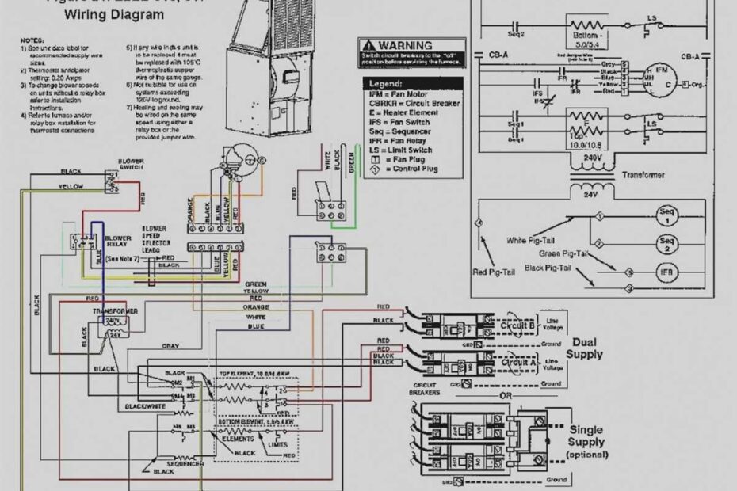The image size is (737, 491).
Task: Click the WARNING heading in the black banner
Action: [x=405, y=45]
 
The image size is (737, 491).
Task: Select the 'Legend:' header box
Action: [x=386, y=83]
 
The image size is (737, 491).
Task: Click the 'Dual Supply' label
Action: [x=583, y=348]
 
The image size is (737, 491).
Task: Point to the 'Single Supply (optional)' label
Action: [x=586, y=442]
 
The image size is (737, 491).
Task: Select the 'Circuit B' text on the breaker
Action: [x=517, y=325]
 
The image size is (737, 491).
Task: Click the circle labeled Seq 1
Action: [x=666, y=215]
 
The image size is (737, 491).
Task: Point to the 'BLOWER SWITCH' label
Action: [x=131, y=164]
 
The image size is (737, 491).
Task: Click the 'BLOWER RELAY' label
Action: [x=118, y=242]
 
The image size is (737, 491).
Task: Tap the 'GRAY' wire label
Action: [x=170, y=346]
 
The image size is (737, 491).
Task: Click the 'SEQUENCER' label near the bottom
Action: [x=185, y=463]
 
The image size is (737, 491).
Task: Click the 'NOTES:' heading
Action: [x=32, y=39]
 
